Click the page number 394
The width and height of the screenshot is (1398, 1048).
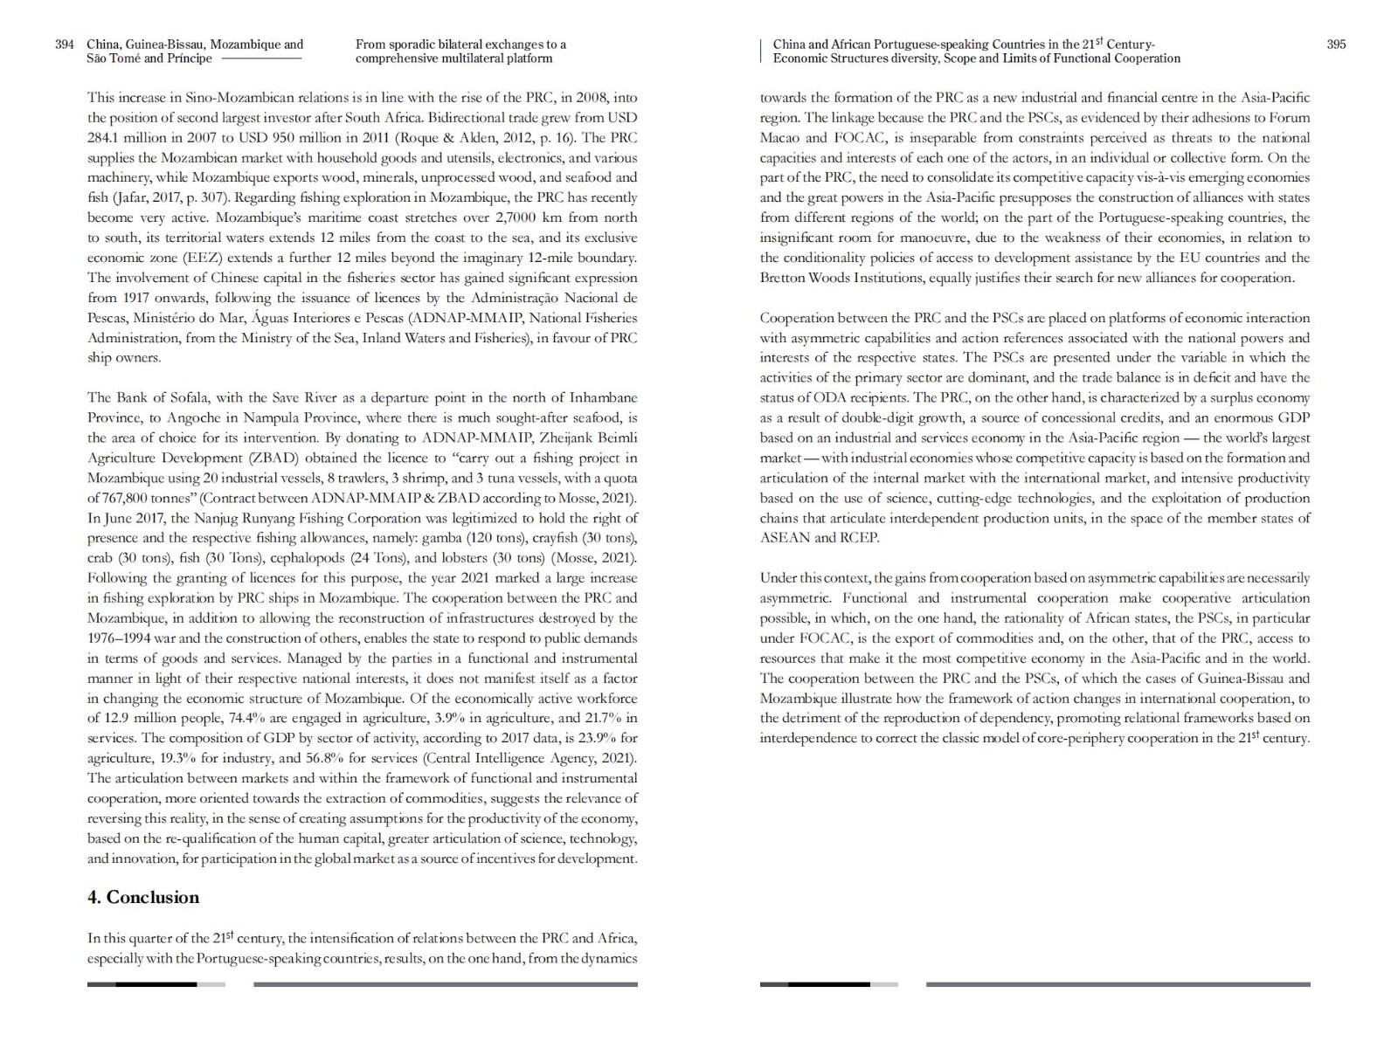pyautogui.click(x=65, y=45)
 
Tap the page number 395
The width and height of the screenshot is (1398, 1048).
pyautogui.click(x=1336, y=45)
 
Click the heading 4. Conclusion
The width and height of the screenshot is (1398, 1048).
pyautogui.click(x=143, y=898)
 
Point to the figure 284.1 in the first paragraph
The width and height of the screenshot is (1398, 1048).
pyautogui.click(x=105, y=138)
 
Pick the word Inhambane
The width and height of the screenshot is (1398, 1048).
pyautogui.click(x=606, y=398)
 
